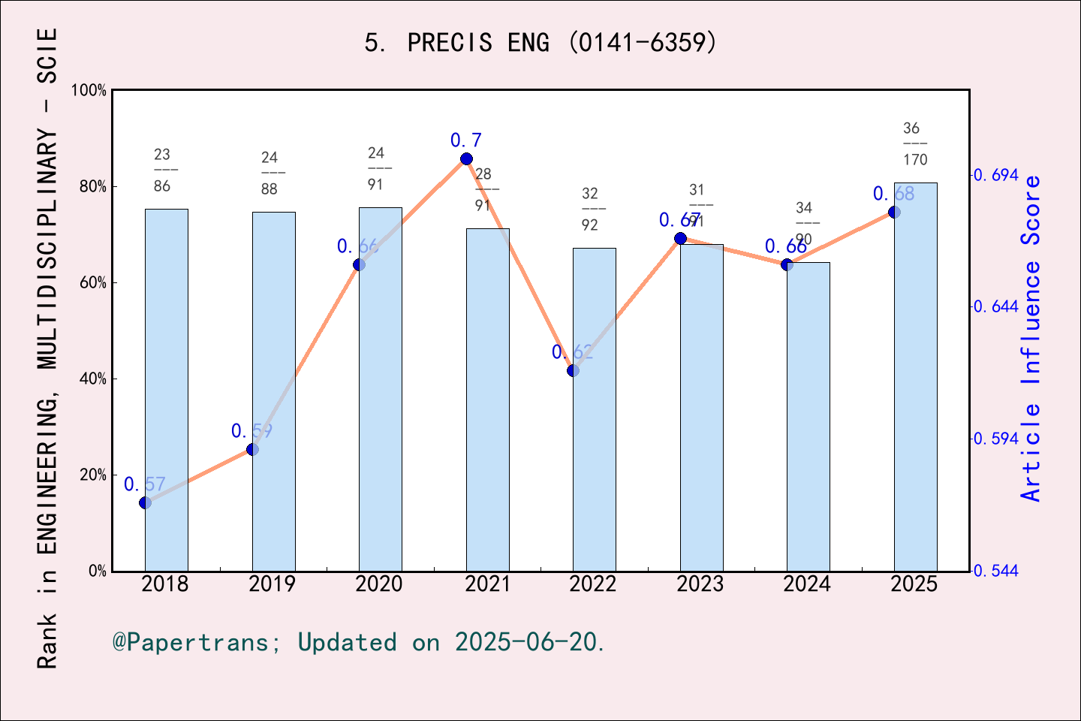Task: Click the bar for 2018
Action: tap(166, 391)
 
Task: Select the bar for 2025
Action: tap(915, 376)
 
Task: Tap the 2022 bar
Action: tap(594, 409)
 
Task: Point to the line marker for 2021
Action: tap(466, 158)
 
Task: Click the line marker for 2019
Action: tap(252, 449)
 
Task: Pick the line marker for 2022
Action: tap(574, 370)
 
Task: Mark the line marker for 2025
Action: tap(894, 212)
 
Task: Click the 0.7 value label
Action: tap(465, 140)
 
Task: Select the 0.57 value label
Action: tap(144, 484)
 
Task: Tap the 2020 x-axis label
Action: tap(379, 584)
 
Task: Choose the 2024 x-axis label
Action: tap(807, 584)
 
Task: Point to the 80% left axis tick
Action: tap(93, 186)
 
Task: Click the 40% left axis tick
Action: tap(93, 379)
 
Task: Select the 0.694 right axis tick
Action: tap(996, 175)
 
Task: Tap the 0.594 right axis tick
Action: tap(996, 439)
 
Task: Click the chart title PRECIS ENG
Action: tap(540, 43)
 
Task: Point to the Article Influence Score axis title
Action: tap(1031, 338)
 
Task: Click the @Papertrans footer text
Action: tap(358, 642)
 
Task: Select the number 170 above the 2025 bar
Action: tap(915, 160)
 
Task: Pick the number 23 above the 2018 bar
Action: tap(162, 155)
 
